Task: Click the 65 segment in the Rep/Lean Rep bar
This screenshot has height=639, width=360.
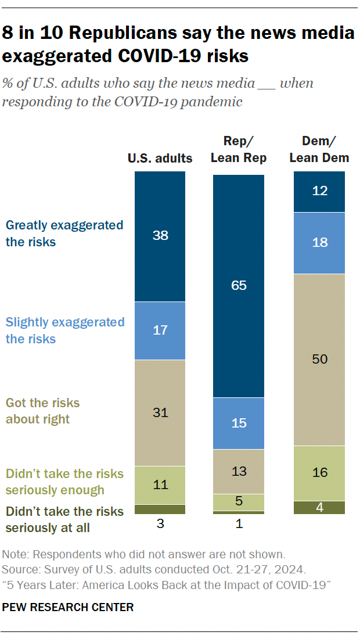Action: coord(239,285)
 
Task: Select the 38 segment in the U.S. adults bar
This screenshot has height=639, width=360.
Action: coord(160,236)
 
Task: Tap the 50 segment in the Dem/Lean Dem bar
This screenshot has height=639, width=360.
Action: coord(319,359)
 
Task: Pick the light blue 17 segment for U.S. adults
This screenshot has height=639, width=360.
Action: coord(160,330)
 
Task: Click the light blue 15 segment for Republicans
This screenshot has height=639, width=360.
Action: coord(239,423)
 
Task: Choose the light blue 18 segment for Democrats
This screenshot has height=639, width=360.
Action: coord(319,243)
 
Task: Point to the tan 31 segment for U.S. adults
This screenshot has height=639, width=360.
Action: coord(160,412)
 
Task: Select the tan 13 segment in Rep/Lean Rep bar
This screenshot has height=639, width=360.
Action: coord(239,471)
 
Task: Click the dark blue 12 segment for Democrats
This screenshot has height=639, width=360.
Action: coord(319,191)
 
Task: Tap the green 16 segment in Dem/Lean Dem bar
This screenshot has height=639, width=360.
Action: coord(319,473)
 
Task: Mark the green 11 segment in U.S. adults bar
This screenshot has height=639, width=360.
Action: coord(160,484)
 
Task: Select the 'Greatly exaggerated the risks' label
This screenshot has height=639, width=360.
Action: coord(64,234)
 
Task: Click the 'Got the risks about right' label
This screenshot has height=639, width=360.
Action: coord(43,411)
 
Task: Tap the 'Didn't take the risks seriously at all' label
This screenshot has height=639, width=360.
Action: coord(64,519)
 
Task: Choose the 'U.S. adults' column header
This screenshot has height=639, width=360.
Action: coord(160,158)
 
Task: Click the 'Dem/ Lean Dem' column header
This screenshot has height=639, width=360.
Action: coord(319,149)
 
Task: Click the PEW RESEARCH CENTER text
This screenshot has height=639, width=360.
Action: coord(68,607)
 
